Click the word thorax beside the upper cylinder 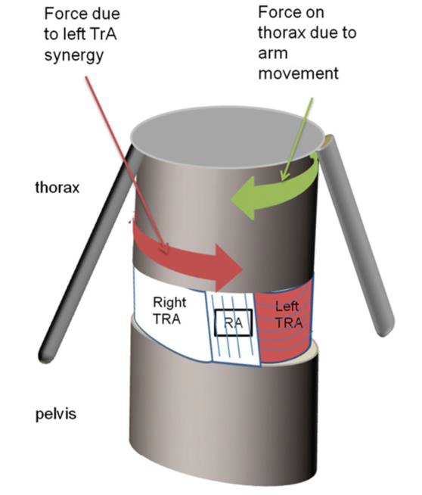tap(57, 188)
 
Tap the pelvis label tap(56, 414)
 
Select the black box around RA tap(234, 322)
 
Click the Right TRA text tap(169, 310)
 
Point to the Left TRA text tap(287, 314)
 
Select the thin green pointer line tap(297, 139)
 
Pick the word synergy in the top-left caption tap(74, 55)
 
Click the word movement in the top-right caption tap(298, 73)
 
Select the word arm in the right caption tap(273, 54)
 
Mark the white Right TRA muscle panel tap(170, 316)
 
